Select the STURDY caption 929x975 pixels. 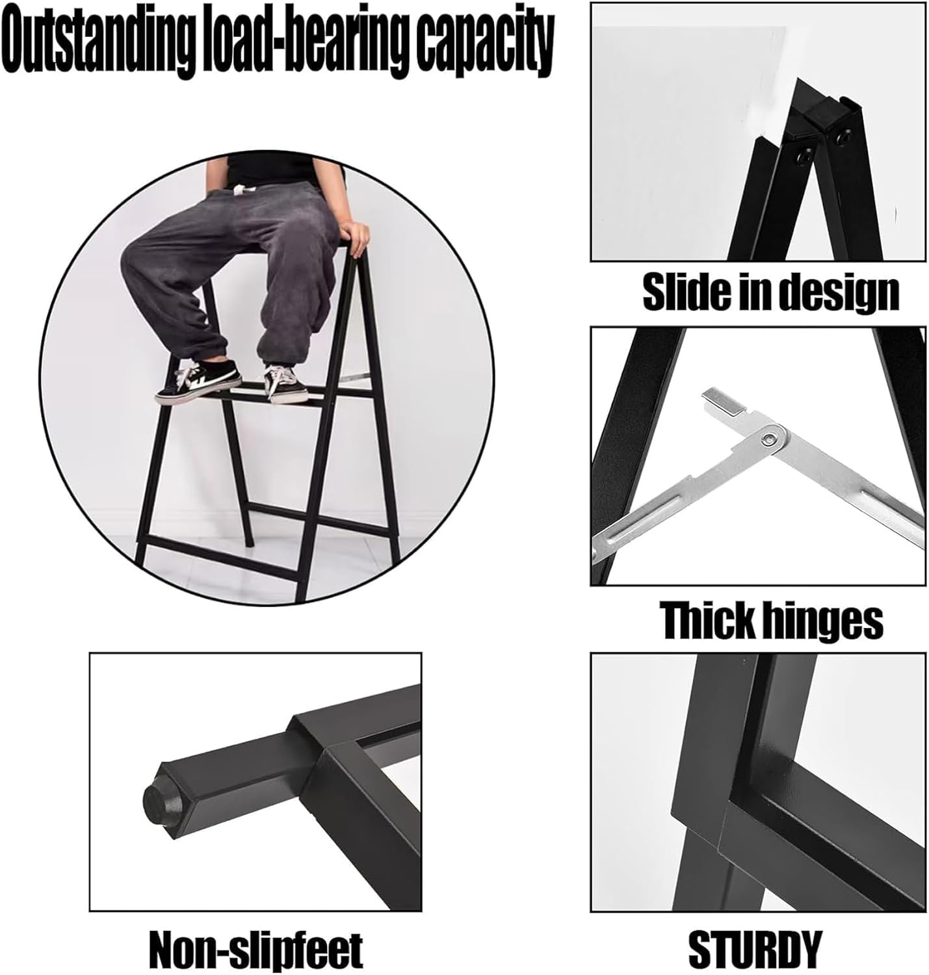755,945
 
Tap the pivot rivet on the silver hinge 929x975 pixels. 770,438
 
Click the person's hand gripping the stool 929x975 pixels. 356,238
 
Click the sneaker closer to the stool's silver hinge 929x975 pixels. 285,383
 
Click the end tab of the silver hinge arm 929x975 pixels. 723,402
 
